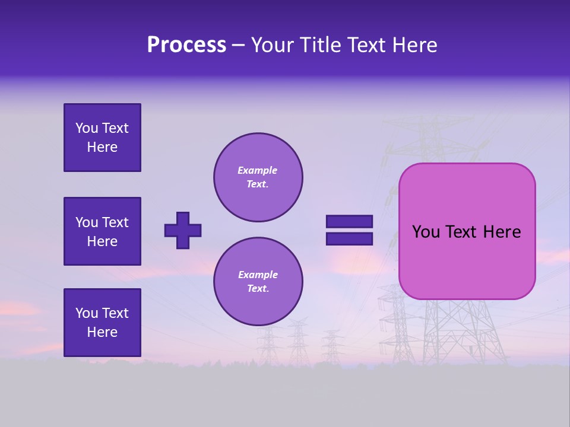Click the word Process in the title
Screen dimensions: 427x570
tap(186, 45)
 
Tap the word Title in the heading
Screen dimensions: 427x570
tap(321, 45)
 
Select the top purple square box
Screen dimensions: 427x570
tap(102, 138)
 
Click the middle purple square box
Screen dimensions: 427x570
tap(102, 231)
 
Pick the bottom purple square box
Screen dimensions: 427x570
tap(102, 323)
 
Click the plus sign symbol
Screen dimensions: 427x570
tap(183, 230)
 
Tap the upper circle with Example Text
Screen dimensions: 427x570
tap(258, 177)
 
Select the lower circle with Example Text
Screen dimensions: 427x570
tap(258, 282)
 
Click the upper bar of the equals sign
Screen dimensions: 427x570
tap(349, 222)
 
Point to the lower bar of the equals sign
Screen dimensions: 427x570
tap(349, 238)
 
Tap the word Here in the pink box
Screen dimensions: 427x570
tap(502, 232)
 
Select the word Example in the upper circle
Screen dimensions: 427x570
tap(257, 171)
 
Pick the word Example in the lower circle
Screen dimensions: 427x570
tap(258, 275)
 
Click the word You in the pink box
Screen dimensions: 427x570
tap(426, 232)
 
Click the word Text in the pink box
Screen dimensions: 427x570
tap(462, 232)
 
